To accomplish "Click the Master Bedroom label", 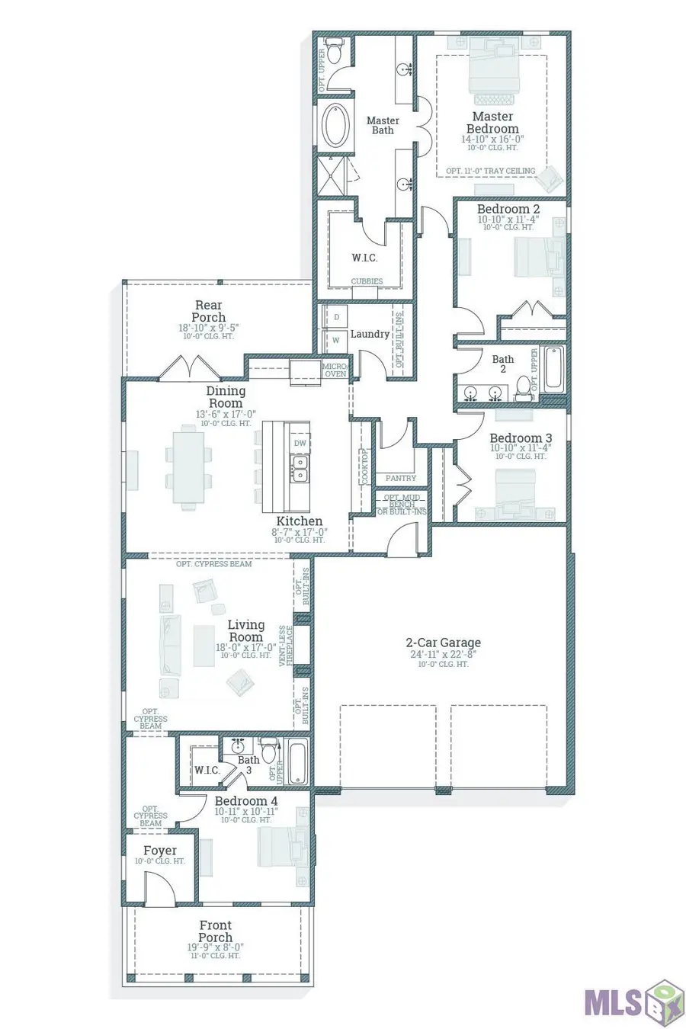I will (492, 123).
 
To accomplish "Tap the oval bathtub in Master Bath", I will (335, 127).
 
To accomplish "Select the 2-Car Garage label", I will (443, 643).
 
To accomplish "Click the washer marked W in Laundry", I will (336, 340).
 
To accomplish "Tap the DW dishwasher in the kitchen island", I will (300, 443).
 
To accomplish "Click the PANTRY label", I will (401, 479).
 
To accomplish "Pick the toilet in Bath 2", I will (523, 388).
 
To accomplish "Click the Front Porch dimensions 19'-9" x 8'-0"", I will (216, 947).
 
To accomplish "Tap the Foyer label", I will (160, 850).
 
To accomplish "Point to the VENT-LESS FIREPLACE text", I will (287, 644).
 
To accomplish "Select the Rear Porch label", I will (209, 311).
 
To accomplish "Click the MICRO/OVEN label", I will (335, 370).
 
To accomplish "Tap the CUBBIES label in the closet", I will (367, 281).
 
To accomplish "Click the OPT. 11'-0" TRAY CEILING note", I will (491, 171).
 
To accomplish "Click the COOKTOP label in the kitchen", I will (364, 466).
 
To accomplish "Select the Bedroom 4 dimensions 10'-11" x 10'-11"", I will (246, 812).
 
